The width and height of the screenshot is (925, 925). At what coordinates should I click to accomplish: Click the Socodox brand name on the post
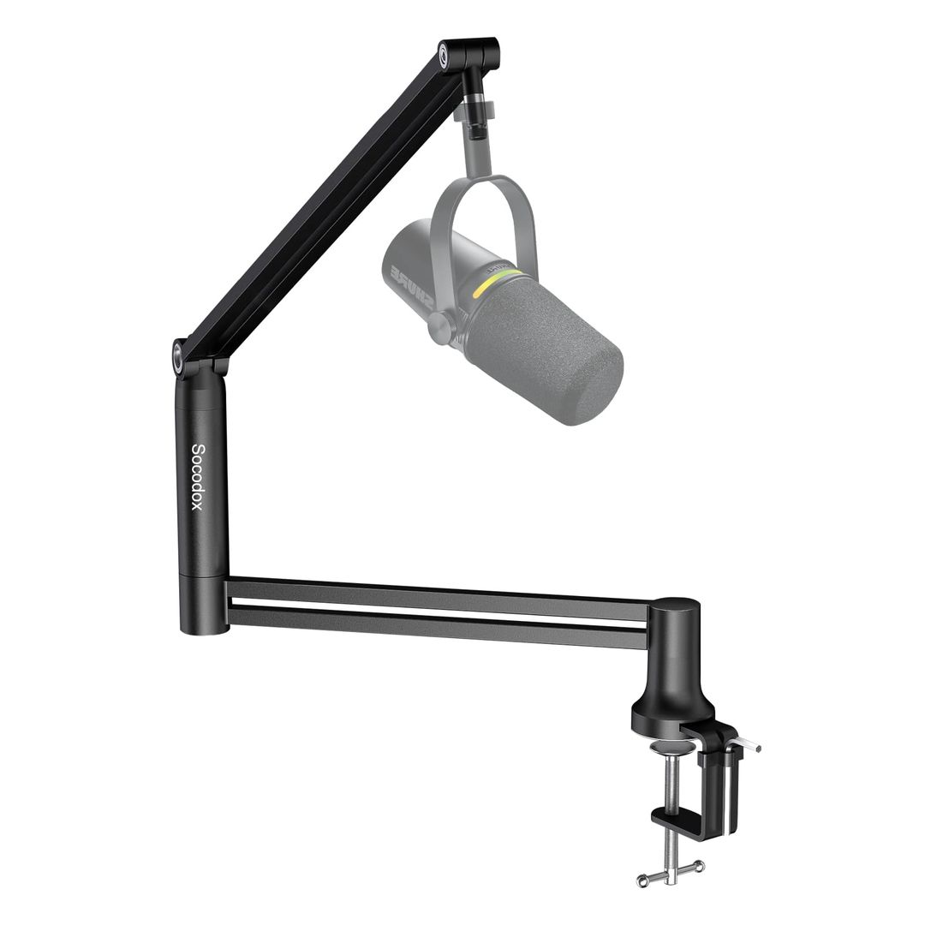[197, 477]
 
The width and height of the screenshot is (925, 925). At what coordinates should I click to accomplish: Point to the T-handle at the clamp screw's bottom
[671, 872]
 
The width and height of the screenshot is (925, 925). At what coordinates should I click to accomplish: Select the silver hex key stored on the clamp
[747, 745]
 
